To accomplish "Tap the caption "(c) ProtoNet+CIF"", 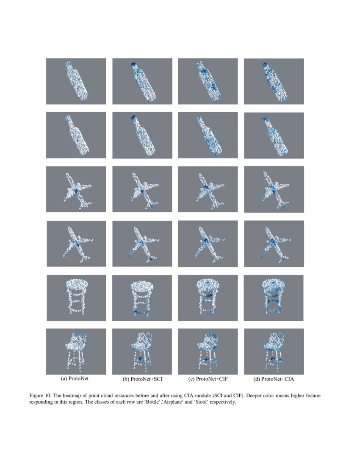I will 208,379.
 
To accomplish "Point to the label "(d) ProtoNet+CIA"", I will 273,379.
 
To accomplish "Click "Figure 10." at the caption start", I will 40,396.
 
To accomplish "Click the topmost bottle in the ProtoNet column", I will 77,81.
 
